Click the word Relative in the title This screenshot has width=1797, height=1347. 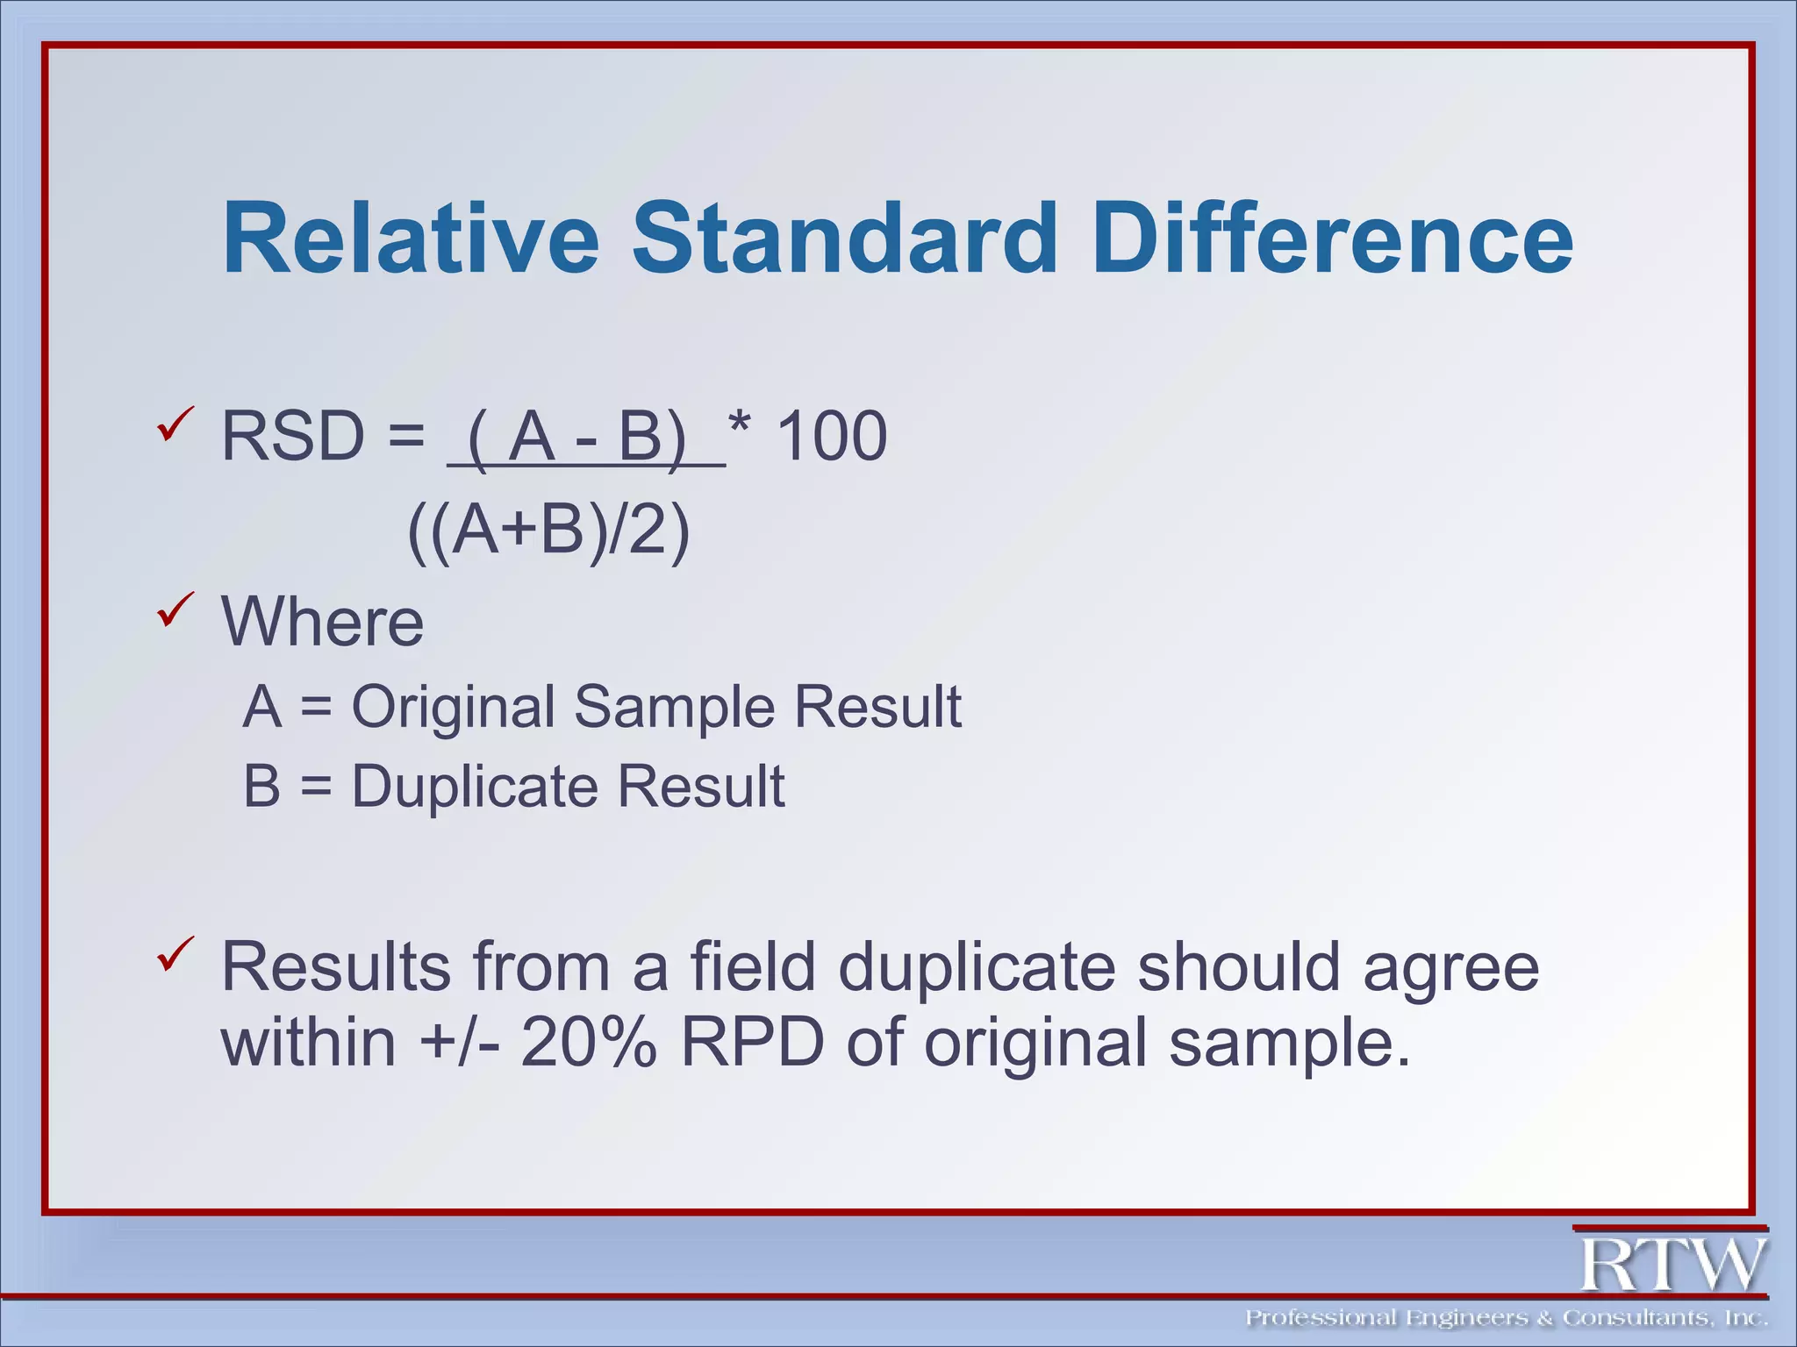click(411, 239)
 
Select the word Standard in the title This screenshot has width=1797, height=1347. click(844, 239)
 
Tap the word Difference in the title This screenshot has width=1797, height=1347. click(1333, 239)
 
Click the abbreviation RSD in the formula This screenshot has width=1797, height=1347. click(292, 436)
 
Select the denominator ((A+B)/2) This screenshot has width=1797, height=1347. click(549, 530)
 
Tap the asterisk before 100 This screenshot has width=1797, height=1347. click(740, 427)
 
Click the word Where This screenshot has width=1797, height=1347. click(322, 622)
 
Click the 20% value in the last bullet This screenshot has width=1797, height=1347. click(588, 1043)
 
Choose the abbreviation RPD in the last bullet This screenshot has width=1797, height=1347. click(753, 1043)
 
